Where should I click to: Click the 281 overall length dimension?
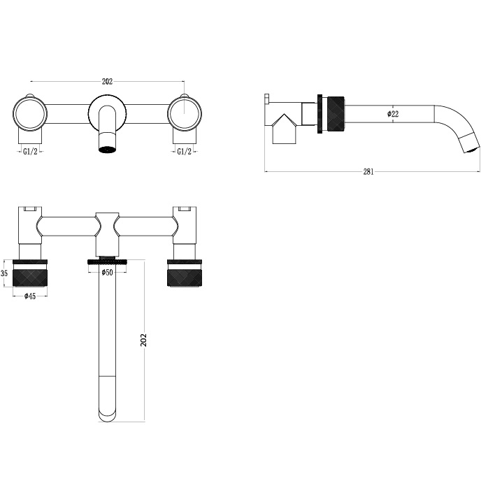coord(368,171)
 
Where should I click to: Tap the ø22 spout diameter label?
coord(393,114)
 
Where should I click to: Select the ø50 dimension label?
coord(107,272)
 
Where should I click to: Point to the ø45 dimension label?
coord(30,296)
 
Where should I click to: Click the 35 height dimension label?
coord(4,273)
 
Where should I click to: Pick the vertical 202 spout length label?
coord(143,340)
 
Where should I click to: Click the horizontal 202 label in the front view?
coord(107,82)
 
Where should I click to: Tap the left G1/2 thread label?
coord(30,151)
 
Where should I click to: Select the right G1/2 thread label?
coord(185,151)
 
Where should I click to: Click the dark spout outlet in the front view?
coord(107,150)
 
